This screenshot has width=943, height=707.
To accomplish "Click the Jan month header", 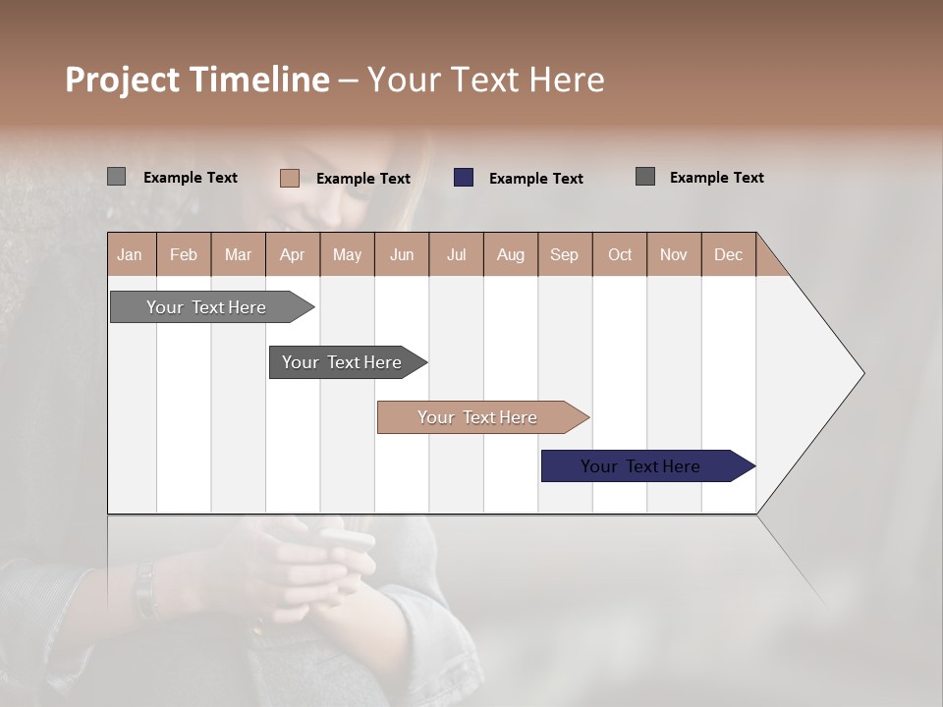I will pos(131,254).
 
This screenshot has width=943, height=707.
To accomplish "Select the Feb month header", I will pos(184,254).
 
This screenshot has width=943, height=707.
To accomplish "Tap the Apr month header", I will pos(293,254).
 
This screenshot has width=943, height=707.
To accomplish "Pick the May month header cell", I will pos(347,254).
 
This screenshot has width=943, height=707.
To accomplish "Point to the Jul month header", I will pos(456,254).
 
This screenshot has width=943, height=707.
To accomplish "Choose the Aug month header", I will pos(511,254).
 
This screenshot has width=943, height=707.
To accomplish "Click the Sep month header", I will pos(565,254).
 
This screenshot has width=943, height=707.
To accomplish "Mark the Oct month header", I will pos(620,254).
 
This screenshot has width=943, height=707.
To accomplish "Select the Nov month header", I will pos(674,254).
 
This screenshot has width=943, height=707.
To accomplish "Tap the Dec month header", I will pos(729,254).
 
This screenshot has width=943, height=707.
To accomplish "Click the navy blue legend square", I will pos(464,178).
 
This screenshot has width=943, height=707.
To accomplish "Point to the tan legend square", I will pos(290,178).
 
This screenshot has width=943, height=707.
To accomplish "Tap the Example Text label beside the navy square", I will pos(535,179).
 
